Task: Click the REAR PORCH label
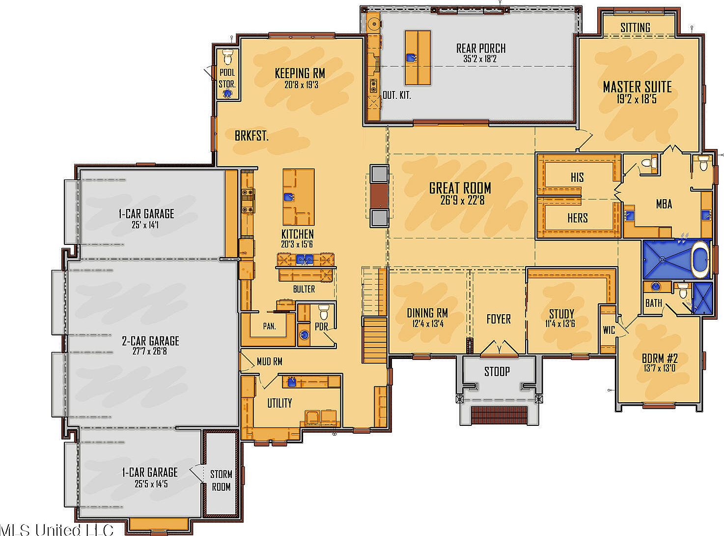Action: pos(480,48)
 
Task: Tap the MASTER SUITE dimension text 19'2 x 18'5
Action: pos(637,99)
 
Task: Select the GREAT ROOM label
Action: pos(460,188)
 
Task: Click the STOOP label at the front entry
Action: pos(497,371)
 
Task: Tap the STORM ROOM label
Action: pos(221,480)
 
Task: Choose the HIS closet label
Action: pos(577,177)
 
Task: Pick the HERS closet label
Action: pos(577,218)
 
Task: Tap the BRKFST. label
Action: pos(251,136)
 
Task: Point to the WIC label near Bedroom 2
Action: pos(609,330)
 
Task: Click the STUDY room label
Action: pos(561,314)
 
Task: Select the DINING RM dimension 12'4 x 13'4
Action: pos(427,324)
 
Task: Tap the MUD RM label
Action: pos(269,362)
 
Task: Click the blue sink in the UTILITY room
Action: pos(292,381)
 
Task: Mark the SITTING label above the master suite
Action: pos(635,28)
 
